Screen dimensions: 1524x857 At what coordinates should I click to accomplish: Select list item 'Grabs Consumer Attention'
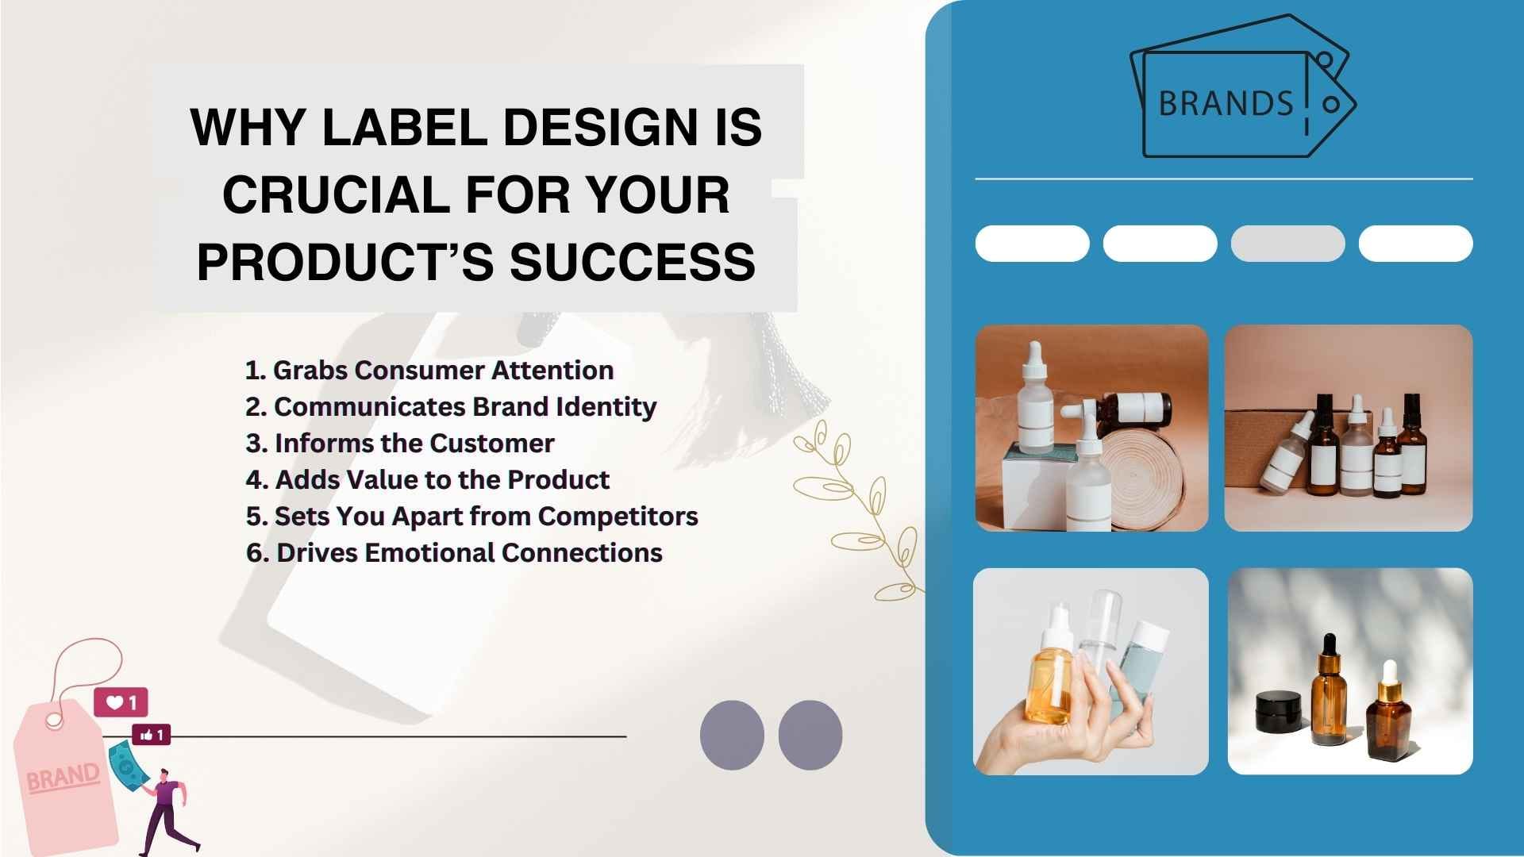(429, 371)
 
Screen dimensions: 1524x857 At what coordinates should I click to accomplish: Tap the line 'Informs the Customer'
(400, 444)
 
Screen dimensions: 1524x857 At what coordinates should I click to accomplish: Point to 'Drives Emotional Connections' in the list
(454, 553)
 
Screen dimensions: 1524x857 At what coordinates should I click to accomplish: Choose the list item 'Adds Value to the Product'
(427, 480)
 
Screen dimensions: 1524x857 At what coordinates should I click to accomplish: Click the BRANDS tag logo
(1243, 87)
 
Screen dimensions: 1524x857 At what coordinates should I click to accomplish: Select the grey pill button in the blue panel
(1287, 244)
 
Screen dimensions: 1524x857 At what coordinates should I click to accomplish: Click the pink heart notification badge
(121, 702)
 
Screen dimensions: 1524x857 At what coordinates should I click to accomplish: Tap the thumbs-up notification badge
(151, 736)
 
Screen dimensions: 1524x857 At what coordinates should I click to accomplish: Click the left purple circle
(732, 735)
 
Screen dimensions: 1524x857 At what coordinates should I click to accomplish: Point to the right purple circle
(810, 735)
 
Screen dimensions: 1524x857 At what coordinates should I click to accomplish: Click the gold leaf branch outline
(857, 508)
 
